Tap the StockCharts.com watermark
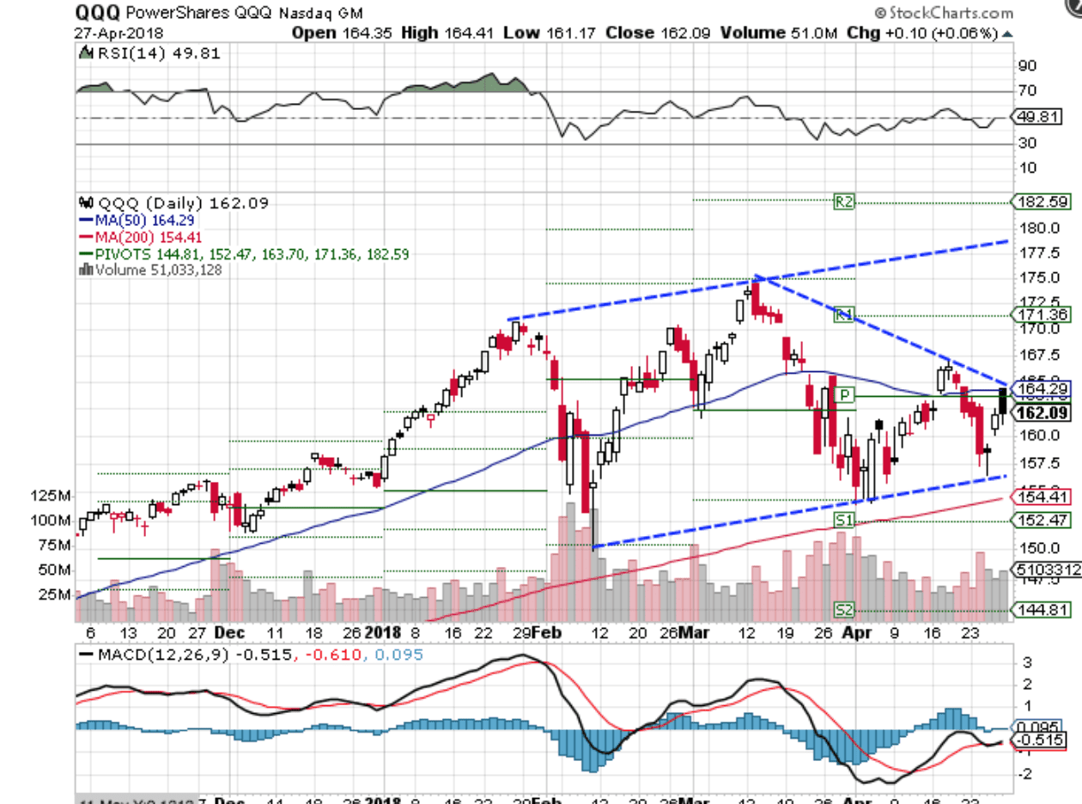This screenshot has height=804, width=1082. point(944,13)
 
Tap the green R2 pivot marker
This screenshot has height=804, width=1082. point(844,203)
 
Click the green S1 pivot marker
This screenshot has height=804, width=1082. point(844,520)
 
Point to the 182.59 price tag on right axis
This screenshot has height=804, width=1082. point(1041,203)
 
